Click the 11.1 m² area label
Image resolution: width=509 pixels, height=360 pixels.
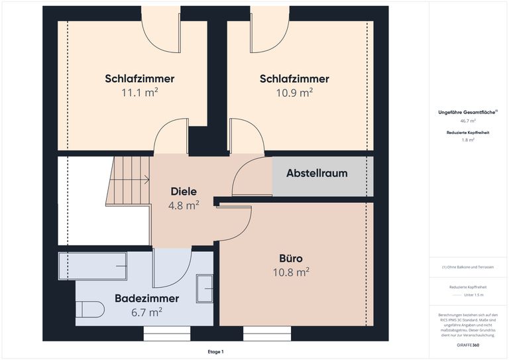[x=139, y=93]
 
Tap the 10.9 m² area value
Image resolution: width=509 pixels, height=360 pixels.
[x=294, y=93]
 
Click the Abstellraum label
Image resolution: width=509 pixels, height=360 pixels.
[x=317, y=174]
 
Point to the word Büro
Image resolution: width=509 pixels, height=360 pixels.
[x=291, y=257]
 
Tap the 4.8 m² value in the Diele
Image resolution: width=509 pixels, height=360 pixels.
[x=184, y=206]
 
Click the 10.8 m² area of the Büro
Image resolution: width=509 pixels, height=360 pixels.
[x=291, y=272]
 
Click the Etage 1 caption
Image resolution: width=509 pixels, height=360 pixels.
[x=215, y=351]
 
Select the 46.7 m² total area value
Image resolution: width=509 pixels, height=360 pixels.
[x=468, y=122]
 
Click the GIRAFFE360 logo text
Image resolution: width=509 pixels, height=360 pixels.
[x=468, y=345]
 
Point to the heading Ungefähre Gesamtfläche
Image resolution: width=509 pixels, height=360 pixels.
[x=468, y=112]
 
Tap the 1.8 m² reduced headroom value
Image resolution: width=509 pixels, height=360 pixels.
[x=468, y=141]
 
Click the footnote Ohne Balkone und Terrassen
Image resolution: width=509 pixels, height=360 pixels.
[x=468, y=267]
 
